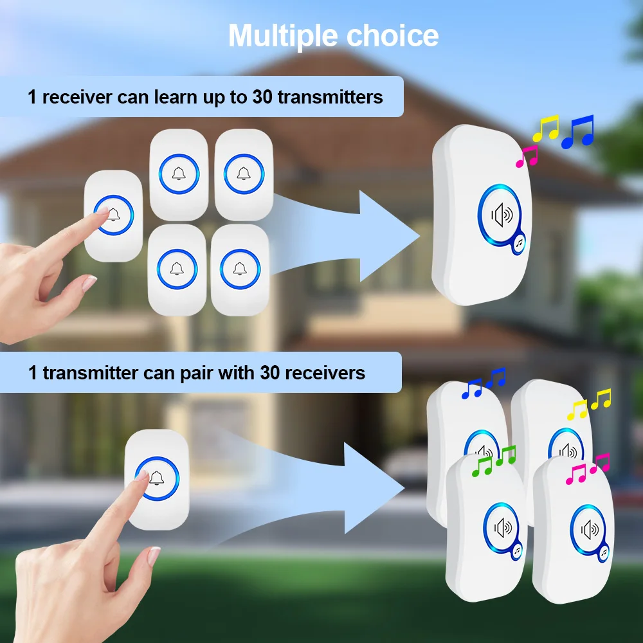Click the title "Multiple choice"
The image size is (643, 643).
[x=333, y=35]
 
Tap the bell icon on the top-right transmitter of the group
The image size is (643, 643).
[x=243, y=172]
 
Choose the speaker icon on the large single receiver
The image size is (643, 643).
[x=502, y=214]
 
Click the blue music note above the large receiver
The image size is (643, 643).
[x=578, y=132]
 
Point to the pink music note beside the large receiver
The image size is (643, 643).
[x=527, y=156]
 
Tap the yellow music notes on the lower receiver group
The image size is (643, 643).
[x=590, y=404]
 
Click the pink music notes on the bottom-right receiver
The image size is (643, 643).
[x=588, y=469]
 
